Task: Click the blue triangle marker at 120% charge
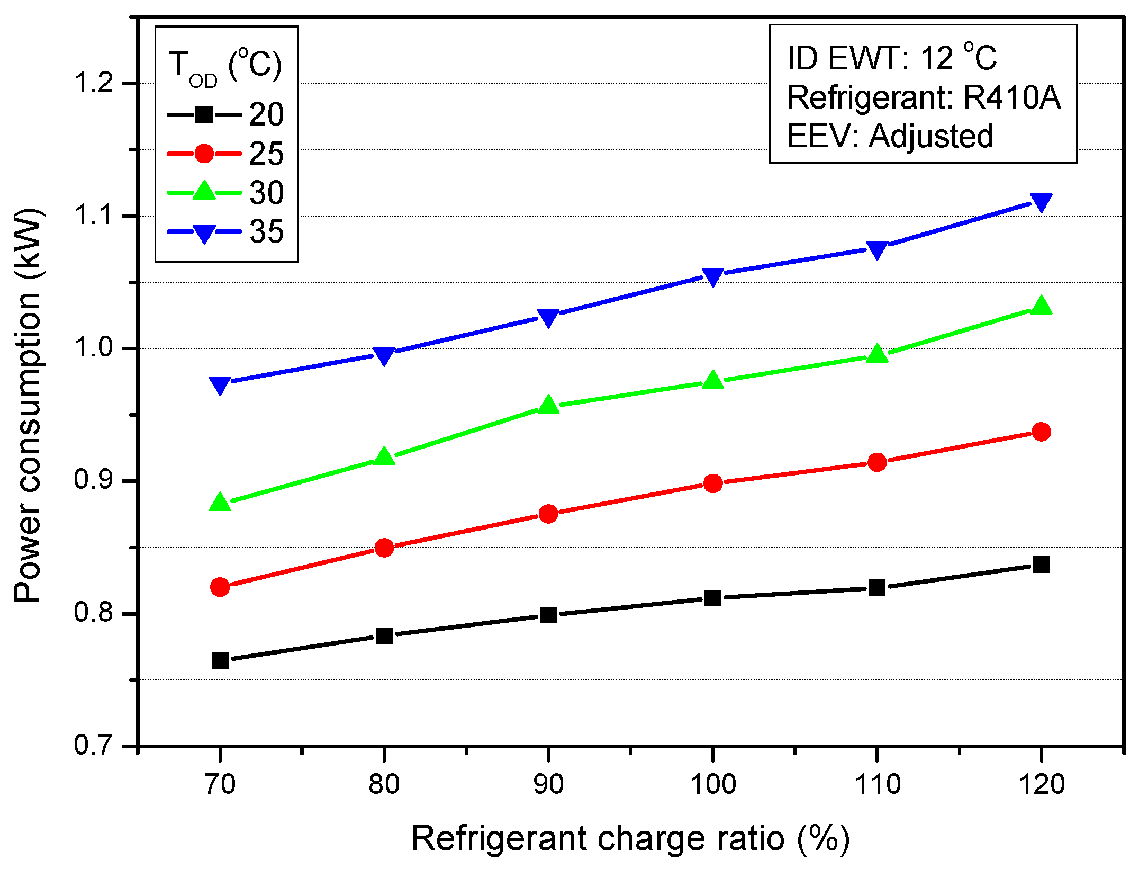1041,202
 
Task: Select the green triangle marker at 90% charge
548,405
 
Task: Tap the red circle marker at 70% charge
220,587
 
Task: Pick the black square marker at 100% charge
712,598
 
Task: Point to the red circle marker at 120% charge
1041,432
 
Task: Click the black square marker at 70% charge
220,660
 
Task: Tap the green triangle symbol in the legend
204,191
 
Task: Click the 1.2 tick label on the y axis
94,83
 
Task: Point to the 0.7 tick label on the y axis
94,746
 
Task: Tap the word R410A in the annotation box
1011,97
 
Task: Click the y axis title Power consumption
28,405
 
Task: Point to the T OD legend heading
225,68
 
